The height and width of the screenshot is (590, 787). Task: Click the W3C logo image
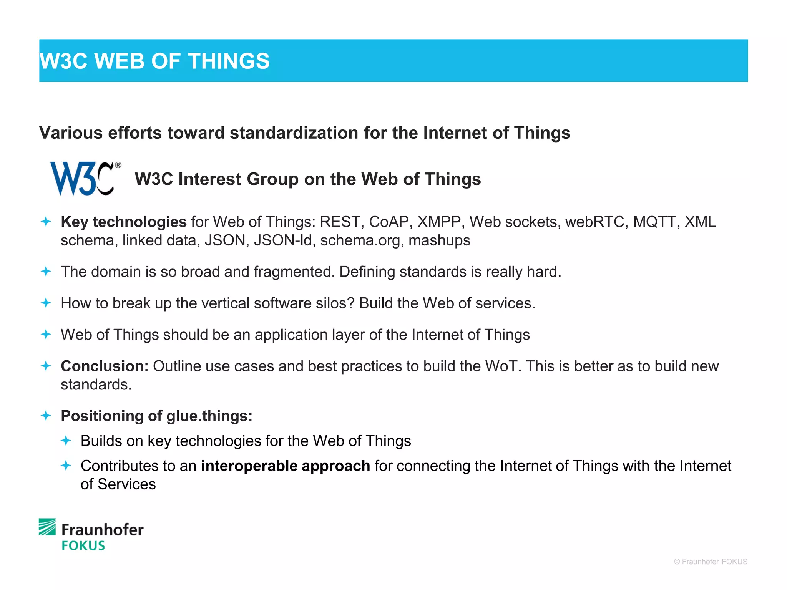click(x=85, y=179)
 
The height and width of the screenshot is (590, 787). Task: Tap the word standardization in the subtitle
click(x=294, y=133)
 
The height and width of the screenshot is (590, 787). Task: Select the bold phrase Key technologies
click(x=123, y=222)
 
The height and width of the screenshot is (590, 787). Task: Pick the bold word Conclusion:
click(x=105, y=366)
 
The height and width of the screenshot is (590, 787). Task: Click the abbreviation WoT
click(x=503, y=366)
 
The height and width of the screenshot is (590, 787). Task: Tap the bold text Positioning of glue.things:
click(x=156, y=416)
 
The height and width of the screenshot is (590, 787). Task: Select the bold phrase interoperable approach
click(x=285, y=466)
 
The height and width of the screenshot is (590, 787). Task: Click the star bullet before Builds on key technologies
click(x=66, y=441)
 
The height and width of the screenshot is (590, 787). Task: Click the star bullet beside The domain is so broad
click(x=46, y=272)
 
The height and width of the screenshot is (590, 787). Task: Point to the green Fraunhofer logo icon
click(x=47, y=527)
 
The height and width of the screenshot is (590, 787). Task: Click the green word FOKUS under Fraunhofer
click(x=83, y=546)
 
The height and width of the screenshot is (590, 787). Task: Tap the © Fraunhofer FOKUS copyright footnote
click(x=711, y=562)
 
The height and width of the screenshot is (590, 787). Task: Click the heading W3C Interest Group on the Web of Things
click(x=307, y=179)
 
